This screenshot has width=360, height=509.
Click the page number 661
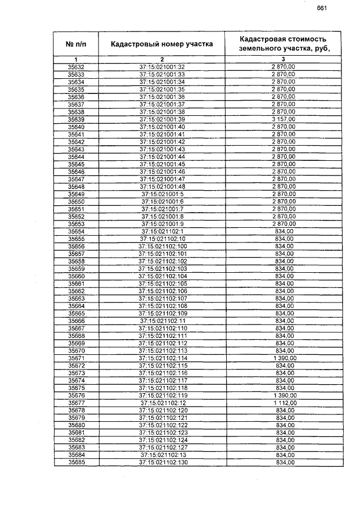pos(322,8)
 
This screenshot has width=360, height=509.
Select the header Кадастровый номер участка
pos(162,44)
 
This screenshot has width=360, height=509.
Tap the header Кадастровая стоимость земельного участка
pos(283,44)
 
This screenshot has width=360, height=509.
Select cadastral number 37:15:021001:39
pos(162,119)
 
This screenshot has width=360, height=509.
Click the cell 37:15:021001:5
pos(162,194)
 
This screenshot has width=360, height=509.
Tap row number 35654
pos(76,231)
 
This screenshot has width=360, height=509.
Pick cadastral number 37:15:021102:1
pos(162,231)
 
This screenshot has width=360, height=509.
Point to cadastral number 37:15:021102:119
pos(162,395)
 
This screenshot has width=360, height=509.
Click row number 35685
pos(76,462)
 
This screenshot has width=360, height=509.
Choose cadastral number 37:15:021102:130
pos(162,462)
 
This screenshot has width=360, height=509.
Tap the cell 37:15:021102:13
pos(162,455)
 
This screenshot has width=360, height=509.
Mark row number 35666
pos(76,321)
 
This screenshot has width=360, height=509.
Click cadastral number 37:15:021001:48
pos(162,187)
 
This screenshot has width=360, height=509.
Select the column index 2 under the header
pos(162,60)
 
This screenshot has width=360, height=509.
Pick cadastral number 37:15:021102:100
pos(162,246)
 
